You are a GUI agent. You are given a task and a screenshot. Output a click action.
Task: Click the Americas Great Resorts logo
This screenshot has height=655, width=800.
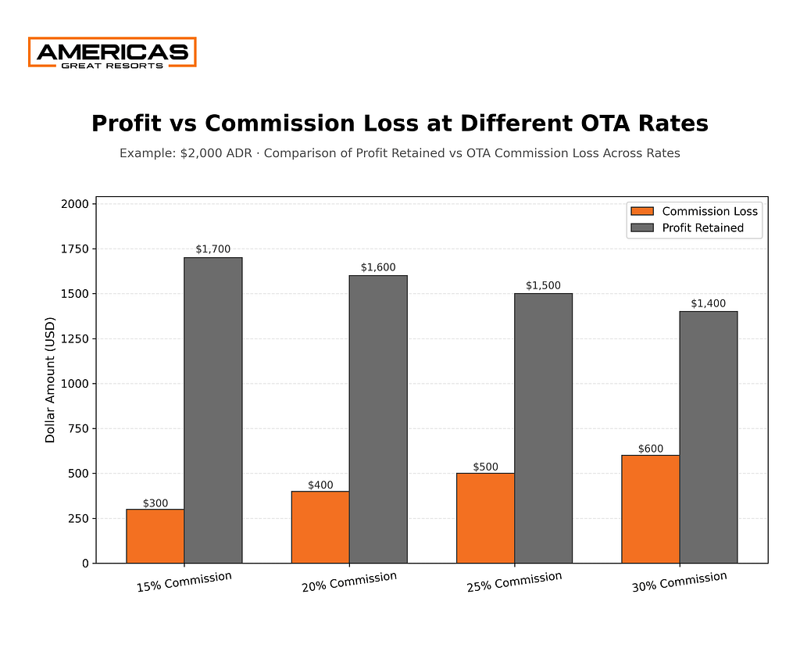(x=112, y=52)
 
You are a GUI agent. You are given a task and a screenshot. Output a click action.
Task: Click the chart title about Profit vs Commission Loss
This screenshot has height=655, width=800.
(x=399, y=123)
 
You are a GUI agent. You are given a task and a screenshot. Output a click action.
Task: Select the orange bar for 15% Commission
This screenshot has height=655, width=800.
(x=155, y=535)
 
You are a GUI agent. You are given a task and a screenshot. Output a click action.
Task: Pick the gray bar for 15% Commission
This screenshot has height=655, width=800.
(x=212, y=410)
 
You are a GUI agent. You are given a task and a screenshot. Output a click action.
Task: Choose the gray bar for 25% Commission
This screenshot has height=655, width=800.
(x=543, y=428)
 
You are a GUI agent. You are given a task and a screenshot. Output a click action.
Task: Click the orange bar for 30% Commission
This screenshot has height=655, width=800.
(x=650, y=508)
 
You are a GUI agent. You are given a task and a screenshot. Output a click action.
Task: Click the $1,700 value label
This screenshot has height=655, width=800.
(x=212, y=249)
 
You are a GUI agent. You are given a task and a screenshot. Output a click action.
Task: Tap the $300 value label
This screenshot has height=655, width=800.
(x=155, y=503)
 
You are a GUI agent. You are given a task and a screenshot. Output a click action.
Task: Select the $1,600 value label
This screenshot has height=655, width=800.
(x=378, y=267)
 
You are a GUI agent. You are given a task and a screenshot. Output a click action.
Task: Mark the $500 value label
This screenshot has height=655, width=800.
(x=485, y=467)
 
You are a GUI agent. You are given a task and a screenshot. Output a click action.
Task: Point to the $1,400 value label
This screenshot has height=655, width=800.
(x=708, y=303)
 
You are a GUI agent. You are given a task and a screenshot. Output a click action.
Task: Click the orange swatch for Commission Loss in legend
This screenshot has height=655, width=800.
(x=641, y=211)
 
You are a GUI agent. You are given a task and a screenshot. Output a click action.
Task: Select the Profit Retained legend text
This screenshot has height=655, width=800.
(x=702, y=228)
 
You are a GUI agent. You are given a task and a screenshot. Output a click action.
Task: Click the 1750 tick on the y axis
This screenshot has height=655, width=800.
(x=77, y=249)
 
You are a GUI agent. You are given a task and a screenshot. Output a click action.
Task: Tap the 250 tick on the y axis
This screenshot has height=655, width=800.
(x=80, y=518)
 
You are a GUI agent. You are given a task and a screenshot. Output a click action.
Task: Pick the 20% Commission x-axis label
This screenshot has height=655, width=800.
(x=349, y=582)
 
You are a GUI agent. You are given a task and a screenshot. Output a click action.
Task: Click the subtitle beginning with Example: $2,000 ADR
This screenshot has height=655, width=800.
(x=399, y=153)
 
